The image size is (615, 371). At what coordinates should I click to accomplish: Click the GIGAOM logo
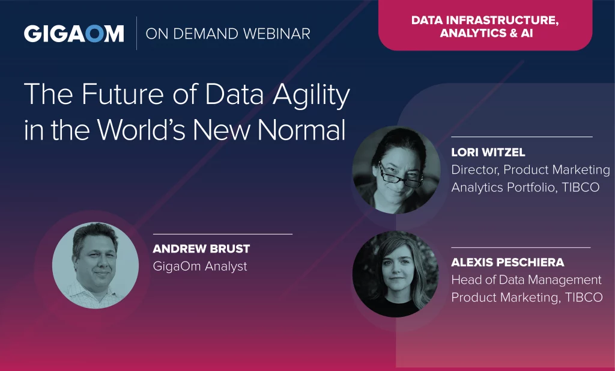pyautogui.click(x=74, y=34)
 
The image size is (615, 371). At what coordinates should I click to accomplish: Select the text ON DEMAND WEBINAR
pyautogui.click(x=228, y=34)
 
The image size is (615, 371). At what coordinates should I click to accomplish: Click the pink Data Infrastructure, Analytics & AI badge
pyautogui.click(x=485, y=25)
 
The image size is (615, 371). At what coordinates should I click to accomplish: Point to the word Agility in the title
pyautogui.click(x=311, y=94)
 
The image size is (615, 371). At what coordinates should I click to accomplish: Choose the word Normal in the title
pyautogui.click(x=301, y=129)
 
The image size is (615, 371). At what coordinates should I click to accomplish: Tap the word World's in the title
pyautogui.click(x=141, y=129)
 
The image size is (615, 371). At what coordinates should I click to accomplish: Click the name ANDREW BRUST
pyautogui.click(x=201, y=248)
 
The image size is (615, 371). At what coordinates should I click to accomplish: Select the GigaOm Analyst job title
pyautogui.click(x=200, y=266)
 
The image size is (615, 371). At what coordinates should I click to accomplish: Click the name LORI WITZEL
pyautogui.click(x=488, y=152)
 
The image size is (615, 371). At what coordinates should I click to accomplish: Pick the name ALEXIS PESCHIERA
pyautogui.click(x=507, y=262)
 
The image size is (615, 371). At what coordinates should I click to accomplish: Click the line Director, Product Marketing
pyautogui.click(x=531, y=170)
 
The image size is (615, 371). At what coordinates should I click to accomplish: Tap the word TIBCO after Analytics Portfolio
pyautogui.click(x=581, y=187)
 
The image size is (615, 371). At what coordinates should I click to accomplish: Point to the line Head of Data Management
pyautogui.click(x=526, y=280)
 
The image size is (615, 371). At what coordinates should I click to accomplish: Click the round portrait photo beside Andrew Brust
pyautogui.click(x=95, y=265)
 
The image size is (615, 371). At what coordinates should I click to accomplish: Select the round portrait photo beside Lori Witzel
pyautogui.click(x=396, y=170)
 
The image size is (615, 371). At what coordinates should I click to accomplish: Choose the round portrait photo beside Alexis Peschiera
pyautogui.click(x=395, y=274)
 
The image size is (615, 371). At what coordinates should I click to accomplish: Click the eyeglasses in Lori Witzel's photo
pyautogui.click(x=400, y=176)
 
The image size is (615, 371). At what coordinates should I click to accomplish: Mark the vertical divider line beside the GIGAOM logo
pyautogui.click(x=136, y=33)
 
